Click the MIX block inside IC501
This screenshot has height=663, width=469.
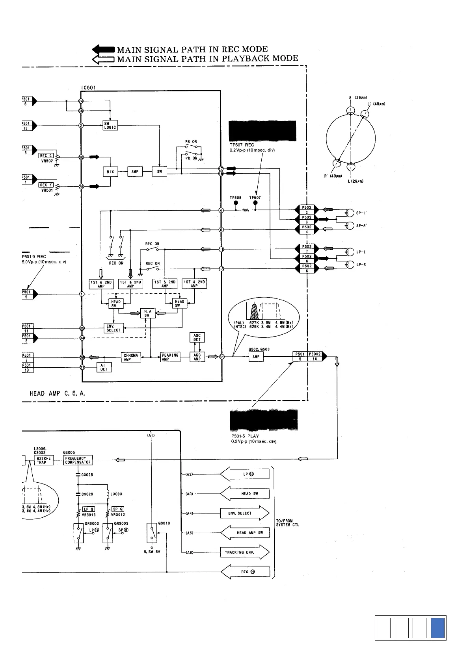click(x=110, y=172)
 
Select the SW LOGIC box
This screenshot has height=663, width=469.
click(x=110, y=125)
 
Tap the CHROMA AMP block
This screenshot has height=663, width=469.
click(x=131, y=357)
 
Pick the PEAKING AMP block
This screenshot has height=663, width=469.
click(x=170, y=357)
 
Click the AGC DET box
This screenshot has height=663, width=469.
click(x=197, y=337)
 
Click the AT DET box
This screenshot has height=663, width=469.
click(x=104, y=367)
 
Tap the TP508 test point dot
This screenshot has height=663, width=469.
click(x=236, y=203)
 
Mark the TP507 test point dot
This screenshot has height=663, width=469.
click(x=255, y=203)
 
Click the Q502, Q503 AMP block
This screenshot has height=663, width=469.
click(x=256, y=357)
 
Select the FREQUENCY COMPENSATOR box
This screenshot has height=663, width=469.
click(x=78, y=460)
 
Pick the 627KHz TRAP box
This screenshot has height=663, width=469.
click(x=41, y=460)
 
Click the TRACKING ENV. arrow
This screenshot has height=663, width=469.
click(x=244, y=552)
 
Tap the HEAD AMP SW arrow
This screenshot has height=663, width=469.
click(x=244, y=533)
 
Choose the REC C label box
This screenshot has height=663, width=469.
click(x=46, y=156)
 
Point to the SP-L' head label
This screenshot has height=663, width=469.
click(x=361, y=213)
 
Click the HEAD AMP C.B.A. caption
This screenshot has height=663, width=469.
click(x=58, y=393)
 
